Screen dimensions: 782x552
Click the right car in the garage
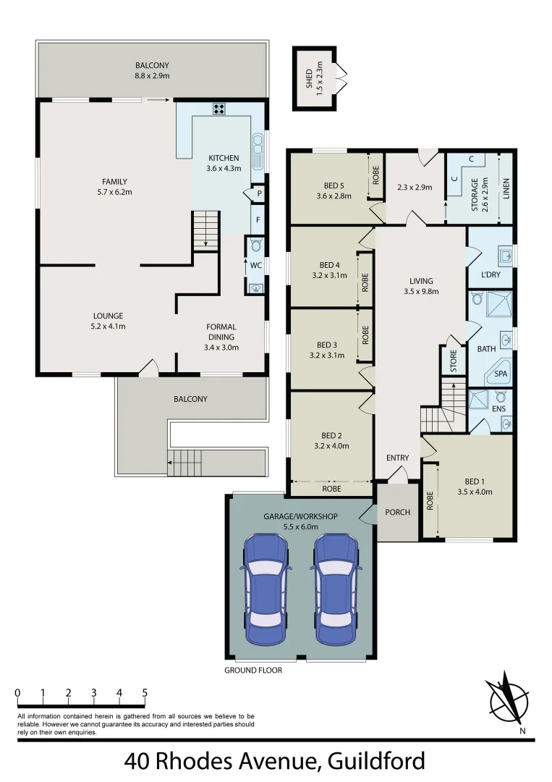(x=337, y=589)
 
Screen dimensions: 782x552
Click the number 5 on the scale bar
(x=145, y=693)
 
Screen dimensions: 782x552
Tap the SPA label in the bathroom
(x=501, y=374)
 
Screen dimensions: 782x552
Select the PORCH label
(x=397, y=512)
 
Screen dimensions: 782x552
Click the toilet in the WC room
(x=255, y=246)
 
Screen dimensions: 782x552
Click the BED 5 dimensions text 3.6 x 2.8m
(x=334, y=195)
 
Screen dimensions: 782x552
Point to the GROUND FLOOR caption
(x=252, y=670)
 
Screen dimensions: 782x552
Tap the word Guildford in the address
(x=376, y=762)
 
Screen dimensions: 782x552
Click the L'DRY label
(x=490, y=274)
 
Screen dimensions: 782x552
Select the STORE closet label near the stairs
(x=454, y=361)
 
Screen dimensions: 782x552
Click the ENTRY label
(x=397, y=458)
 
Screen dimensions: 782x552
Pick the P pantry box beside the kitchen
(x=258, y=194)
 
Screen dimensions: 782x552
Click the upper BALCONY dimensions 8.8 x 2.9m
(x=152, y=75)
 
